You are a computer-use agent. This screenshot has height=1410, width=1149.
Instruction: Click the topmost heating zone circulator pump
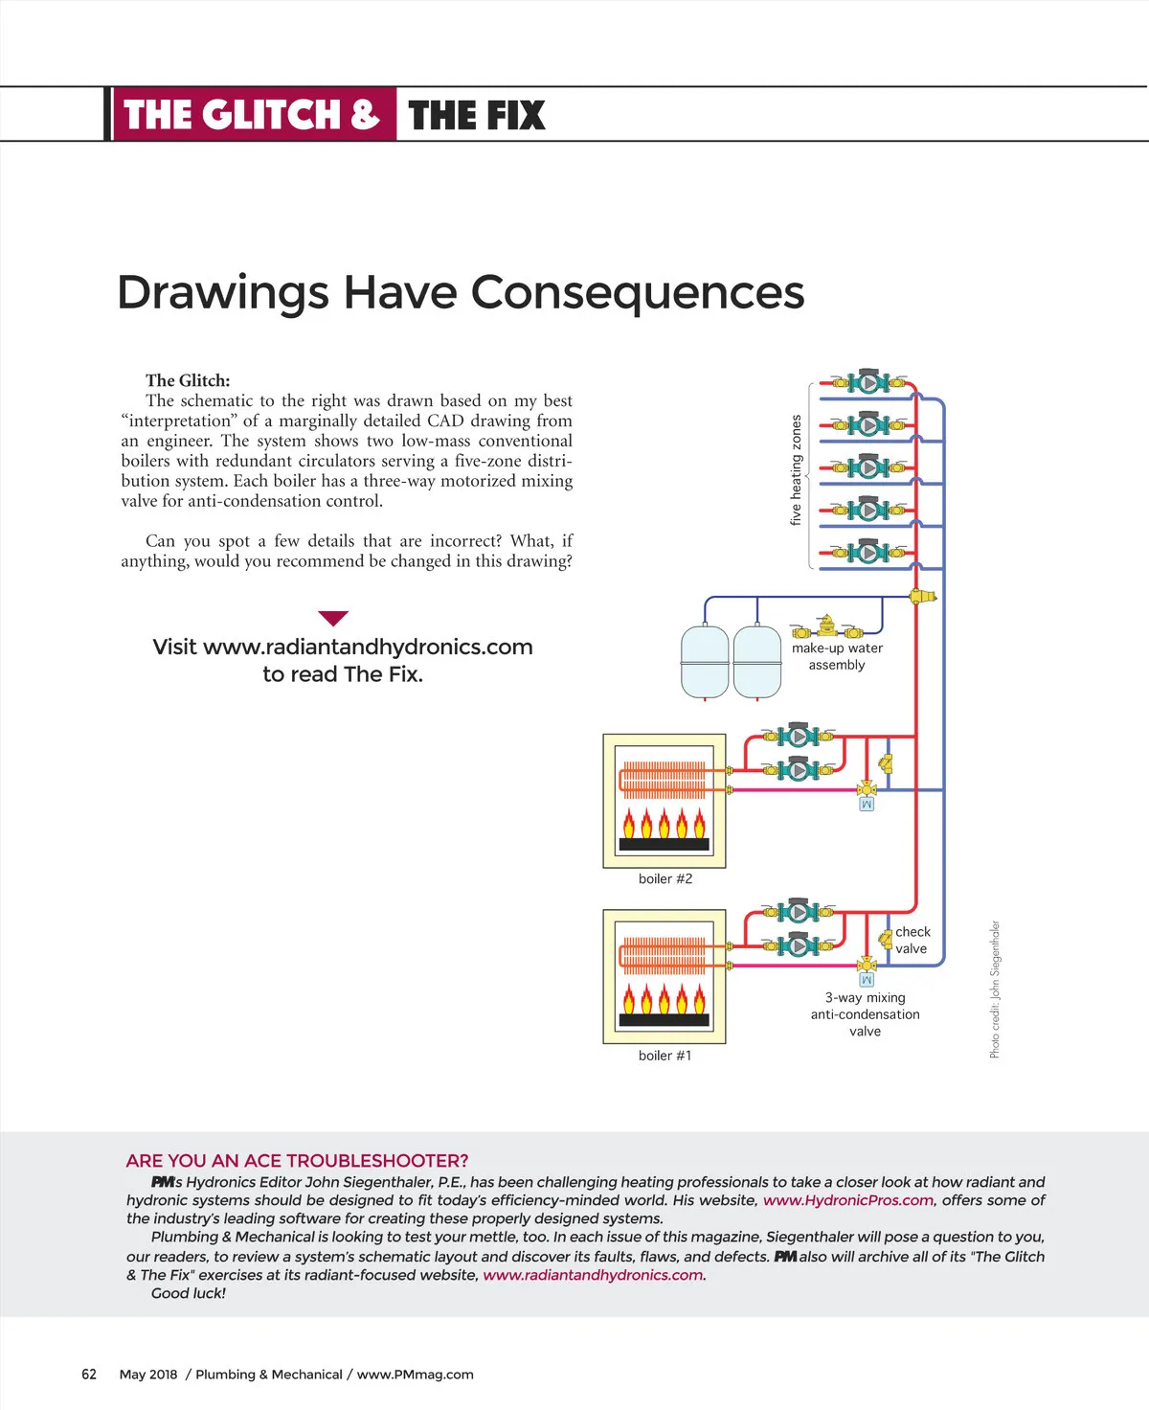click(x=868, y=382)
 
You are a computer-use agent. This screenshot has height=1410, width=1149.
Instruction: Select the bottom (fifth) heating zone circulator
click(x=868, y=552)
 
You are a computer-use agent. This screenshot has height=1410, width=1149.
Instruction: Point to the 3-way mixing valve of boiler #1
click(x=867, y=965)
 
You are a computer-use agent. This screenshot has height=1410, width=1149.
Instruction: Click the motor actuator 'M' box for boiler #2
click(x=867, y=805)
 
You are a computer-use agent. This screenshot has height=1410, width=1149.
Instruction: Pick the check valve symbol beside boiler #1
click(x=886, y=940)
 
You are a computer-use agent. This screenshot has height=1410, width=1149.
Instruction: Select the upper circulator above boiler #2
click(x=799, y=736)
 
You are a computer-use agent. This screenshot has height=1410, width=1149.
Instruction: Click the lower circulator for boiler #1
click(x=799, y=945)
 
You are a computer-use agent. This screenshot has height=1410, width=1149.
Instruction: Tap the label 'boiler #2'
click(x=665, y=878)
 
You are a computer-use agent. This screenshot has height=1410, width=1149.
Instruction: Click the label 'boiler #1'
click(x=665, y=1056)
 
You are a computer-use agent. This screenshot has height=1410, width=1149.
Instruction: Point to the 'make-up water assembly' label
click(x=837, y=656)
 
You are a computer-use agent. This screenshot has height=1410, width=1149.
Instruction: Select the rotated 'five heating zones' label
click(x=796, y=469)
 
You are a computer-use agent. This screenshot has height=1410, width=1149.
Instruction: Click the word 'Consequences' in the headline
click(x=638, y=292)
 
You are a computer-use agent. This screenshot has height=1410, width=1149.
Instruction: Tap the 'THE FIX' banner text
click(x=476, y=115)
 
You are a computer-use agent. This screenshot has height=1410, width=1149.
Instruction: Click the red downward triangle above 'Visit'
click(x=332, y=618)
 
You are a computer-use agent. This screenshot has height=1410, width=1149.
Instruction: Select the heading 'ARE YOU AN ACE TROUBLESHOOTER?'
click(x=297, y=1161)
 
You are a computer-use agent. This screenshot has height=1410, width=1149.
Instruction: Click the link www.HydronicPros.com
click(x=847, y=1200)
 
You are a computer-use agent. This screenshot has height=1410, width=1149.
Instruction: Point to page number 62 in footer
click(x=89, y=1374)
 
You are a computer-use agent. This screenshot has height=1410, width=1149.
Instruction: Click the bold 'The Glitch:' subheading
click(x=188, y=380)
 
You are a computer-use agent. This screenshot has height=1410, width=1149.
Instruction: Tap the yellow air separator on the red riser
click(x=921, y=596)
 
